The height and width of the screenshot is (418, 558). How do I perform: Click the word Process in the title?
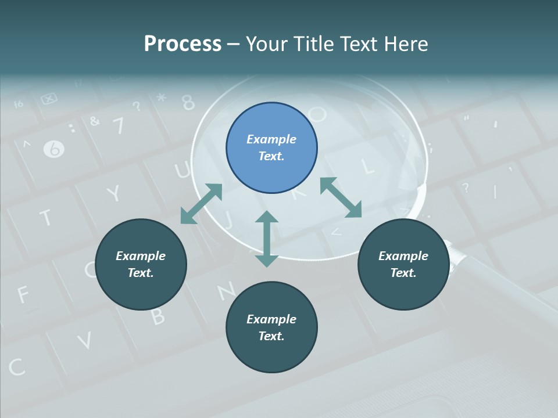click(x=183, y=44)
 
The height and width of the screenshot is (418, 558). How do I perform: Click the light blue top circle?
click(x=271, y=147)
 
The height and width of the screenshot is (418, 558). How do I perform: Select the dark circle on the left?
click(x=141, y=264)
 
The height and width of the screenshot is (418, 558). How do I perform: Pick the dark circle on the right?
click(x=403, y=264)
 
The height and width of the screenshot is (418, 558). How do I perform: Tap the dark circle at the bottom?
click(x=271, y=327)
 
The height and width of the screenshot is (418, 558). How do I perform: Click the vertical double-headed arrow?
click(x=267, y=239)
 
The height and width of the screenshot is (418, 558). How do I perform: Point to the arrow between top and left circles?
click(x=201, y=204)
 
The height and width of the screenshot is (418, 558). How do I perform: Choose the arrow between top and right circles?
click(x=341, y=197)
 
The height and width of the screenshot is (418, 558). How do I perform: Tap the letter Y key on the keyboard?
click(x=115, y=193)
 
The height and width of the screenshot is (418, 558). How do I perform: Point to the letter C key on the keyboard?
click(x=16, y=366)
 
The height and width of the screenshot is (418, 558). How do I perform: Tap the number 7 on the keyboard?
click(x=118, y=125)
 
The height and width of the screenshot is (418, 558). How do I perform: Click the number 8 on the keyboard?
click(x=188, y=102)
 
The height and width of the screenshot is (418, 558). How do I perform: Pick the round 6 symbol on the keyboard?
click(x=54, y=149)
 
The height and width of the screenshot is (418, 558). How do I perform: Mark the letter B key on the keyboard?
click(x=158, y=315)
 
